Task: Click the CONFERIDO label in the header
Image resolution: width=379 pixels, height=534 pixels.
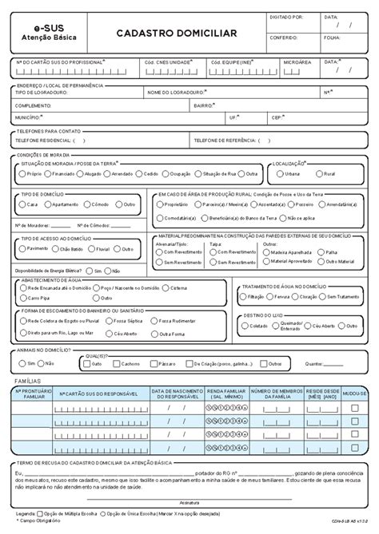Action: (x=284, y=38)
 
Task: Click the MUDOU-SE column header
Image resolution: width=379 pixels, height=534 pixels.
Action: (x=356, y=394)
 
